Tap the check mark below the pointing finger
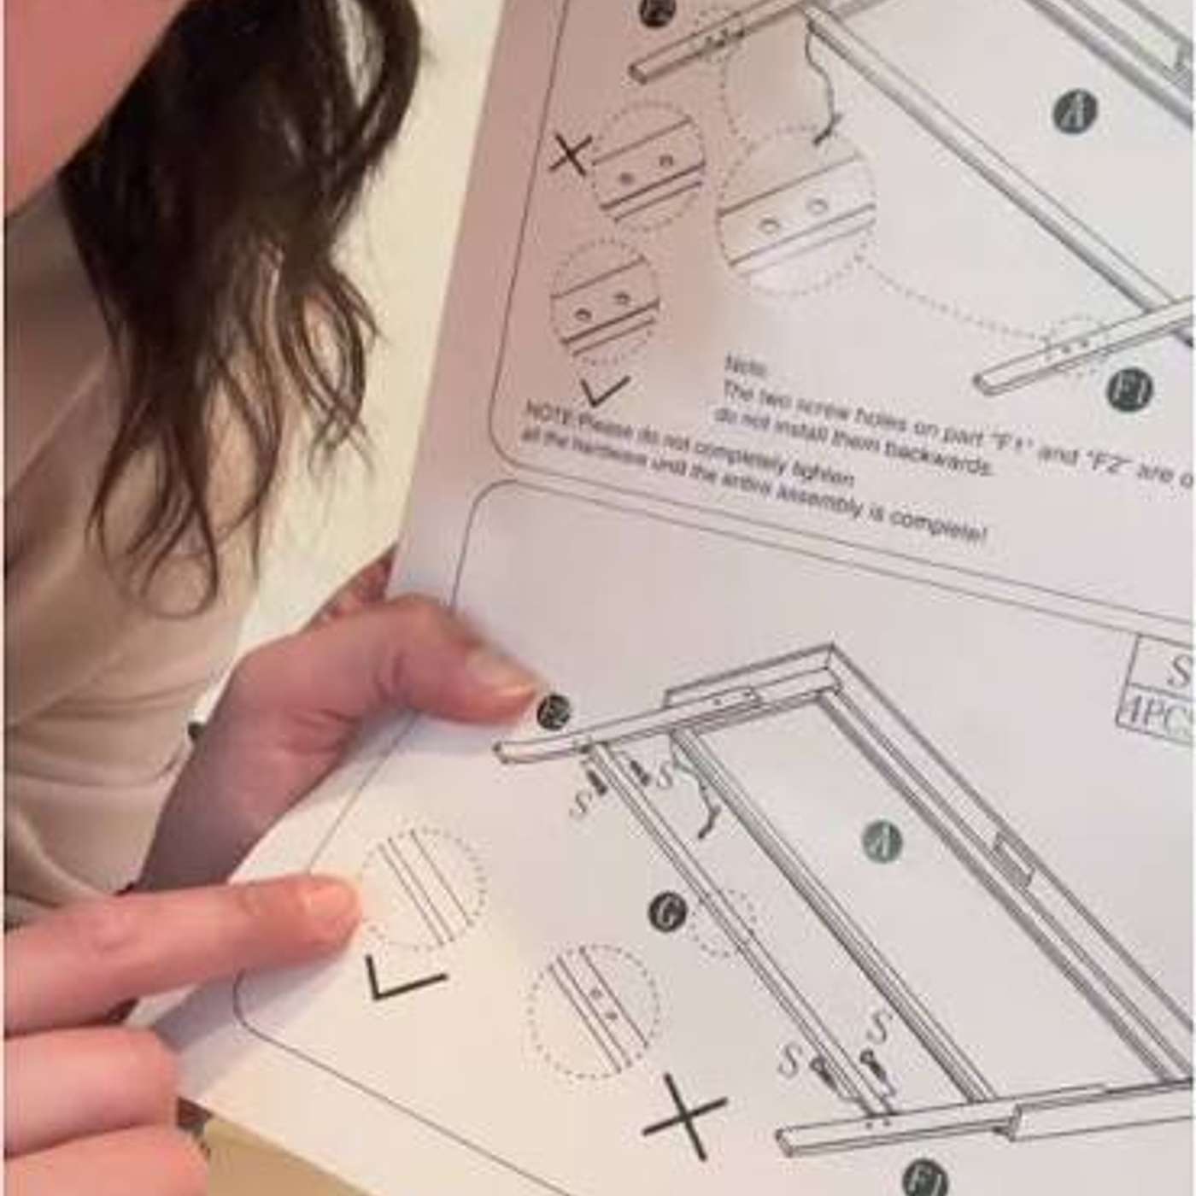pos(403,979)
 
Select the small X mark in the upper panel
pos(570,156)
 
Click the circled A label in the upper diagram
pos(1075,111)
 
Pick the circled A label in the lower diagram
pos(882,842)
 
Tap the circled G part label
pos(667,912)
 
